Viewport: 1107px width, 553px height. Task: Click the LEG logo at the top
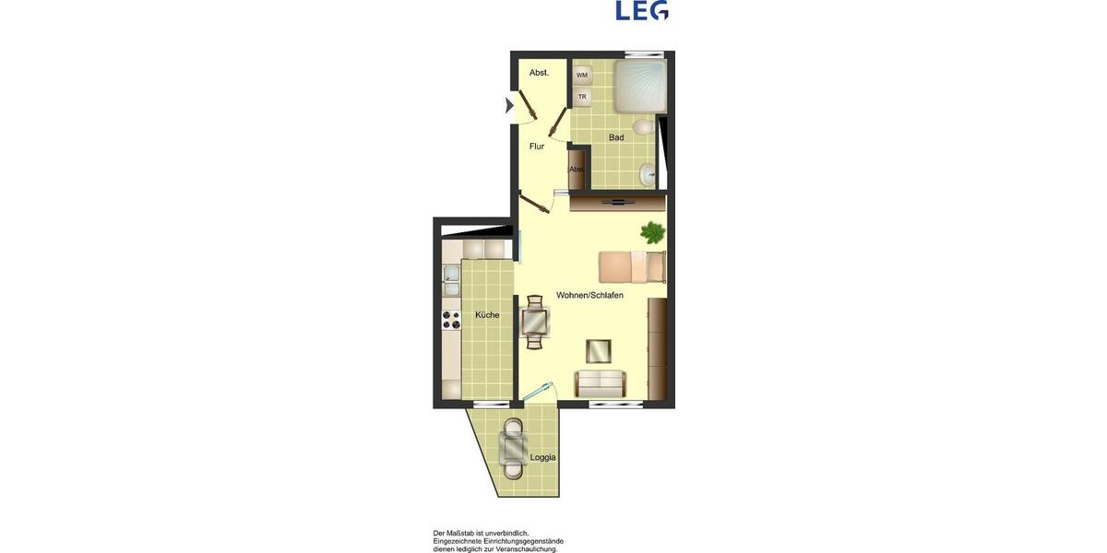(642, 10)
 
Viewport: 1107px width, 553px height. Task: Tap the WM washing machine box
(582, 75)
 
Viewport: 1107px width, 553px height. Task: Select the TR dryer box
(582, 96)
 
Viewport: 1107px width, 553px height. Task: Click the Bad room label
(616, 138)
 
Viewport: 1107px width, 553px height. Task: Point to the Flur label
(537, 147)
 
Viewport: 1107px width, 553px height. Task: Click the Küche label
(487, 315)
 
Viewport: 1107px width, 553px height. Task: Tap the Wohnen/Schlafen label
(589, 296)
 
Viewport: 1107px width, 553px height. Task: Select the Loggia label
(542, 457)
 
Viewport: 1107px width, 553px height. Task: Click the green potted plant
(653, 232)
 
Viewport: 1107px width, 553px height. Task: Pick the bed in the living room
(631, 266)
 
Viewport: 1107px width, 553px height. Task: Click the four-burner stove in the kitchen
(451, 320)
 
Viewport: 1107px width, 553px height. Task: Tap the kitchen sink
(451, 274)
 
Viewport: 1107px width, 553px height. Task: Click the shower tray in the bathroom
(639, 87)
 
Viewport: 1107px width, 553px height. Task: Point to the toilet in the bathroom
(645, 127)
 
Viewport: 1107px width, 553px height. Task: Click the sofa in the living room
(600, 382)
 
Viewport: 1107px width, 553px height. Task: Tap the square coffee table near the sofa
(599, 351)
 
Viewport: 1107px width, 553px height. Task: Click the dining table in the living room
(535, 322)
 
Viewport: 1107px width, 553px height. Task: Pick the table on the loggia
(513, 448)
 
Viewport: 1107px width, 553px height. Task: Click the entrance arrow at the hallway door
(509, 106)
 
